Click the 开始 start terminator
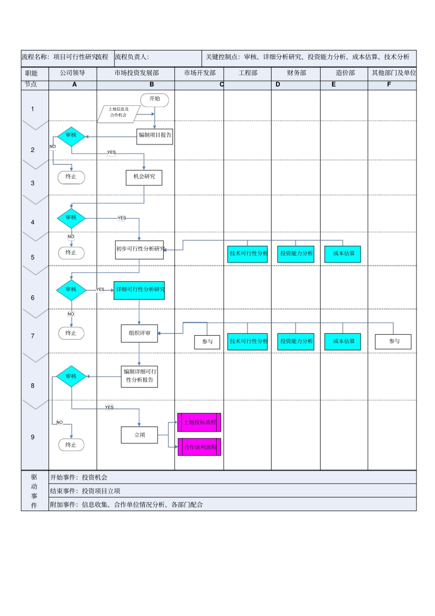(x=155, y=99)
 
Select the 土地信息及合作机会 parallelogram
(x=118, y=113)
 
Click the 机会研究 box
(x=144, y=177)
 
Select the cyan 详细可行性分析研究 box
(x=139, y=290)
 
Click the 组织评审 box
(x=139, y=333)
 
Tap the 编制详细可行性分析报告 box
(x=139, y=376)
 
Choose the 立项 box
(x=139, y=435)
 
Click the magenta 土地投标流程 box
(x=199, y=422)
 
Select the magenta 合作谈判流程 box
(x=199, y=447)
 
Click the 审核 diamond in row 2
(x=71, y=136)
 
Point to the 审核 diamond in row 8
(x=71, y=376)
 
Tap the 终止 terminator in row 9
(x=71, y=445)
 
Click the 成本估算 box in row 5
(x=343, y=254)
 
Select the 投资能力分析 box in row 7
(x=296, y=342)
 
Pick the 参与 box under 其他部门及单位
(x=393, y=342)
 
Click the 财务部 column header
(x=296, y=73)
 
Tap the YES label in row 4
(x=122, y=218)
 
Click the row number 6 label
(x=33, y=298)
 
